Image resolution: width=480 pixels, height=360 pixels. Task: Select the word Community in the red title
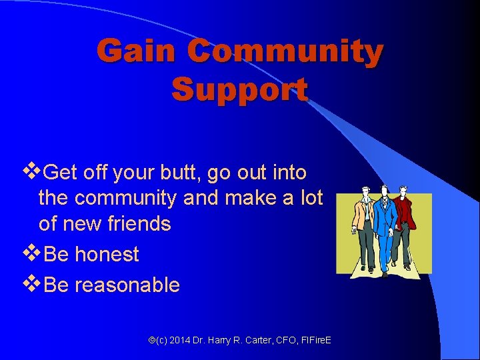coord(285,51)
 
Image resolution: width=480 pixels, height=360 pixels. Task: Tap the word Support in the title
coord(239,89)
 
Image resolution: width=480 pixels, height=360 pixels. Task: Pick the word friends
coord(139,223)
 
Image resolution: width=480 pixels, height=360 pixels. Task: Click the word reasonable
coord(127,285)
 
